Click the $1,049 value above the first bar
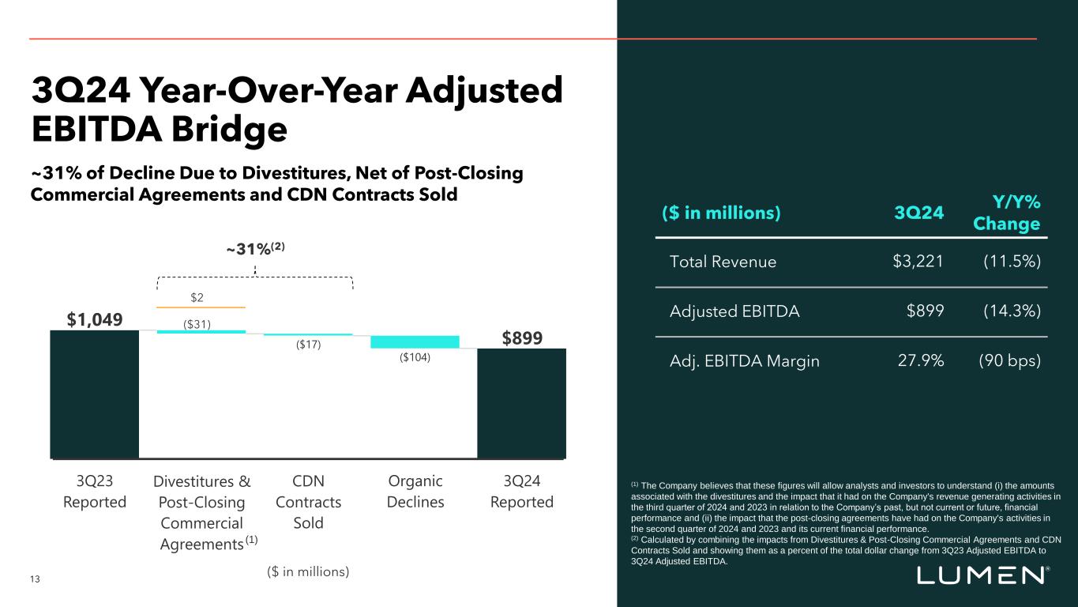94,319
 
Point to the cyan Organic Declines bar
415,341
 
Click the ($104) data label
415,358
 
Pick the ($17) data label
308,345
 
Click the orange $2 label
201,296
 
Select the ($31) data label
201,323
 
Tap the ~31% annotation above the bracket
255,248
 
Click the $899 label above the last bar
522,337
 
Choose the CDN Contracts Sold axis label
308,502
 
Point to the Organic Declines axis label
416,492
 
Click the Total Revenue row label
723,262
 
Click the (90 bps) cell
1009,361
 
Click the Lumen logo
983,575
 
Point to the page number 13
35,579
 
